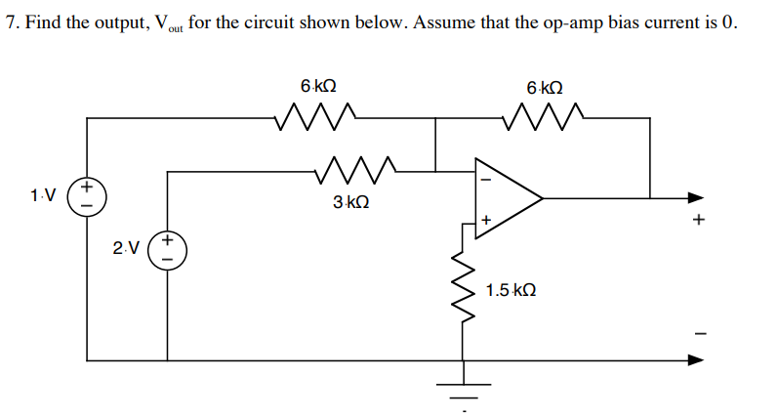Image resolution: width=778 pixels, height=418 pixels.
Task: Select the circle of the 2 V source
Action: click(x=167, y=249)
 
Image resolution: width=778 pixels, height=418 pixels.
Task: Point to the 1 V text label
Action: click(x=42, y=196)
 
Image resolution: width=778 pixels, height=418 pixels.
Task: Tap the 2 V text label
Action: click(x=124, y=249)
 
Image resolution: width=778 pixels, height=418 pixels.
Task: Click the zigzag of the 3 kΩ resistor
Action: click(x=356, y=171)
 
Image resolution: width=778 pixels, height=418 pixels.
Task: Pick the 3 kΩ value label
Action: click(x=350, y=203)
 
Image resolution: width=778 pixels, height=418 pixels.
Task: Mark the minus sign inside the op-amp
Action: click(x=483, y=179)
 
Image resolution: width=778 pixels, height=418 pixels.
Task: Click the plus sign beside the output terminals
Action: click(x=697, y=222)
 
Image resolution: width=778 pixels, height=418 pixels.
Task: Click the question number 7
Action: click(x=10, y=23)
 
